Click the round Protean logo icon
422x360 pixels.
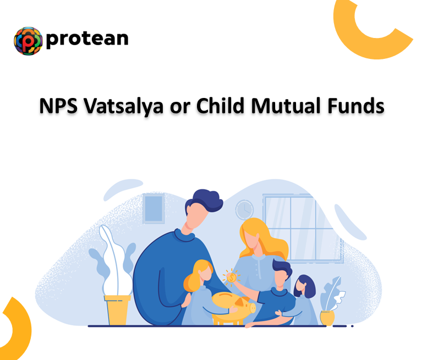pyautogui.click(x=28, y=41)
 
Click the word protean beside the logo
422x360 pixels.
pyautogui.click(x=87, y=39)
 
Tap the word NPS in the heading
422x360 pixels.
pyautogui.click(x=58, y=105)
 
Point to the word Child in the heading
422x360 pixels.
pyautogui.click(x=225, y=105)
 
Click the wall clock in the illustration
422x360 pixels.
pyautogui.click(x=244, y=209)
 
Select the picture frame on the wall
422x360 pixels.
pyautogui.click(x=154, y=209)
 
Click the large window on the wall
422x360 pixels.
pyautogui.click(x=297, y=220)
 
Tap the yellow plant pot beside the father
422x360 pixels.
pyautogui.click(x=118, y=309)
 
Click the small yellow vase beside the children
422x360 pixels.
pyautogui.click(x=327, y=318)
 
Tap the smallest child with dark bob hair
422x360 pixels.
pyautogui.click(x=303, y=287)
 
